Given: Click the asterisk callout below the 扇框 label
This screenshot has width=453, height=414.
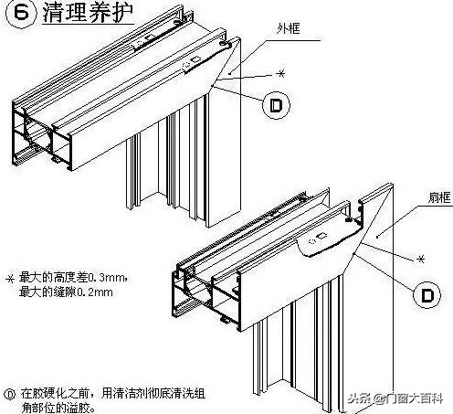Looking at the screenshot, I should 421,260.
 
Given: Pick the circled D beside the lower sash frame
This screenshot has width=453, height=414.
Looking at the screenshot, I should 425,294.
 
